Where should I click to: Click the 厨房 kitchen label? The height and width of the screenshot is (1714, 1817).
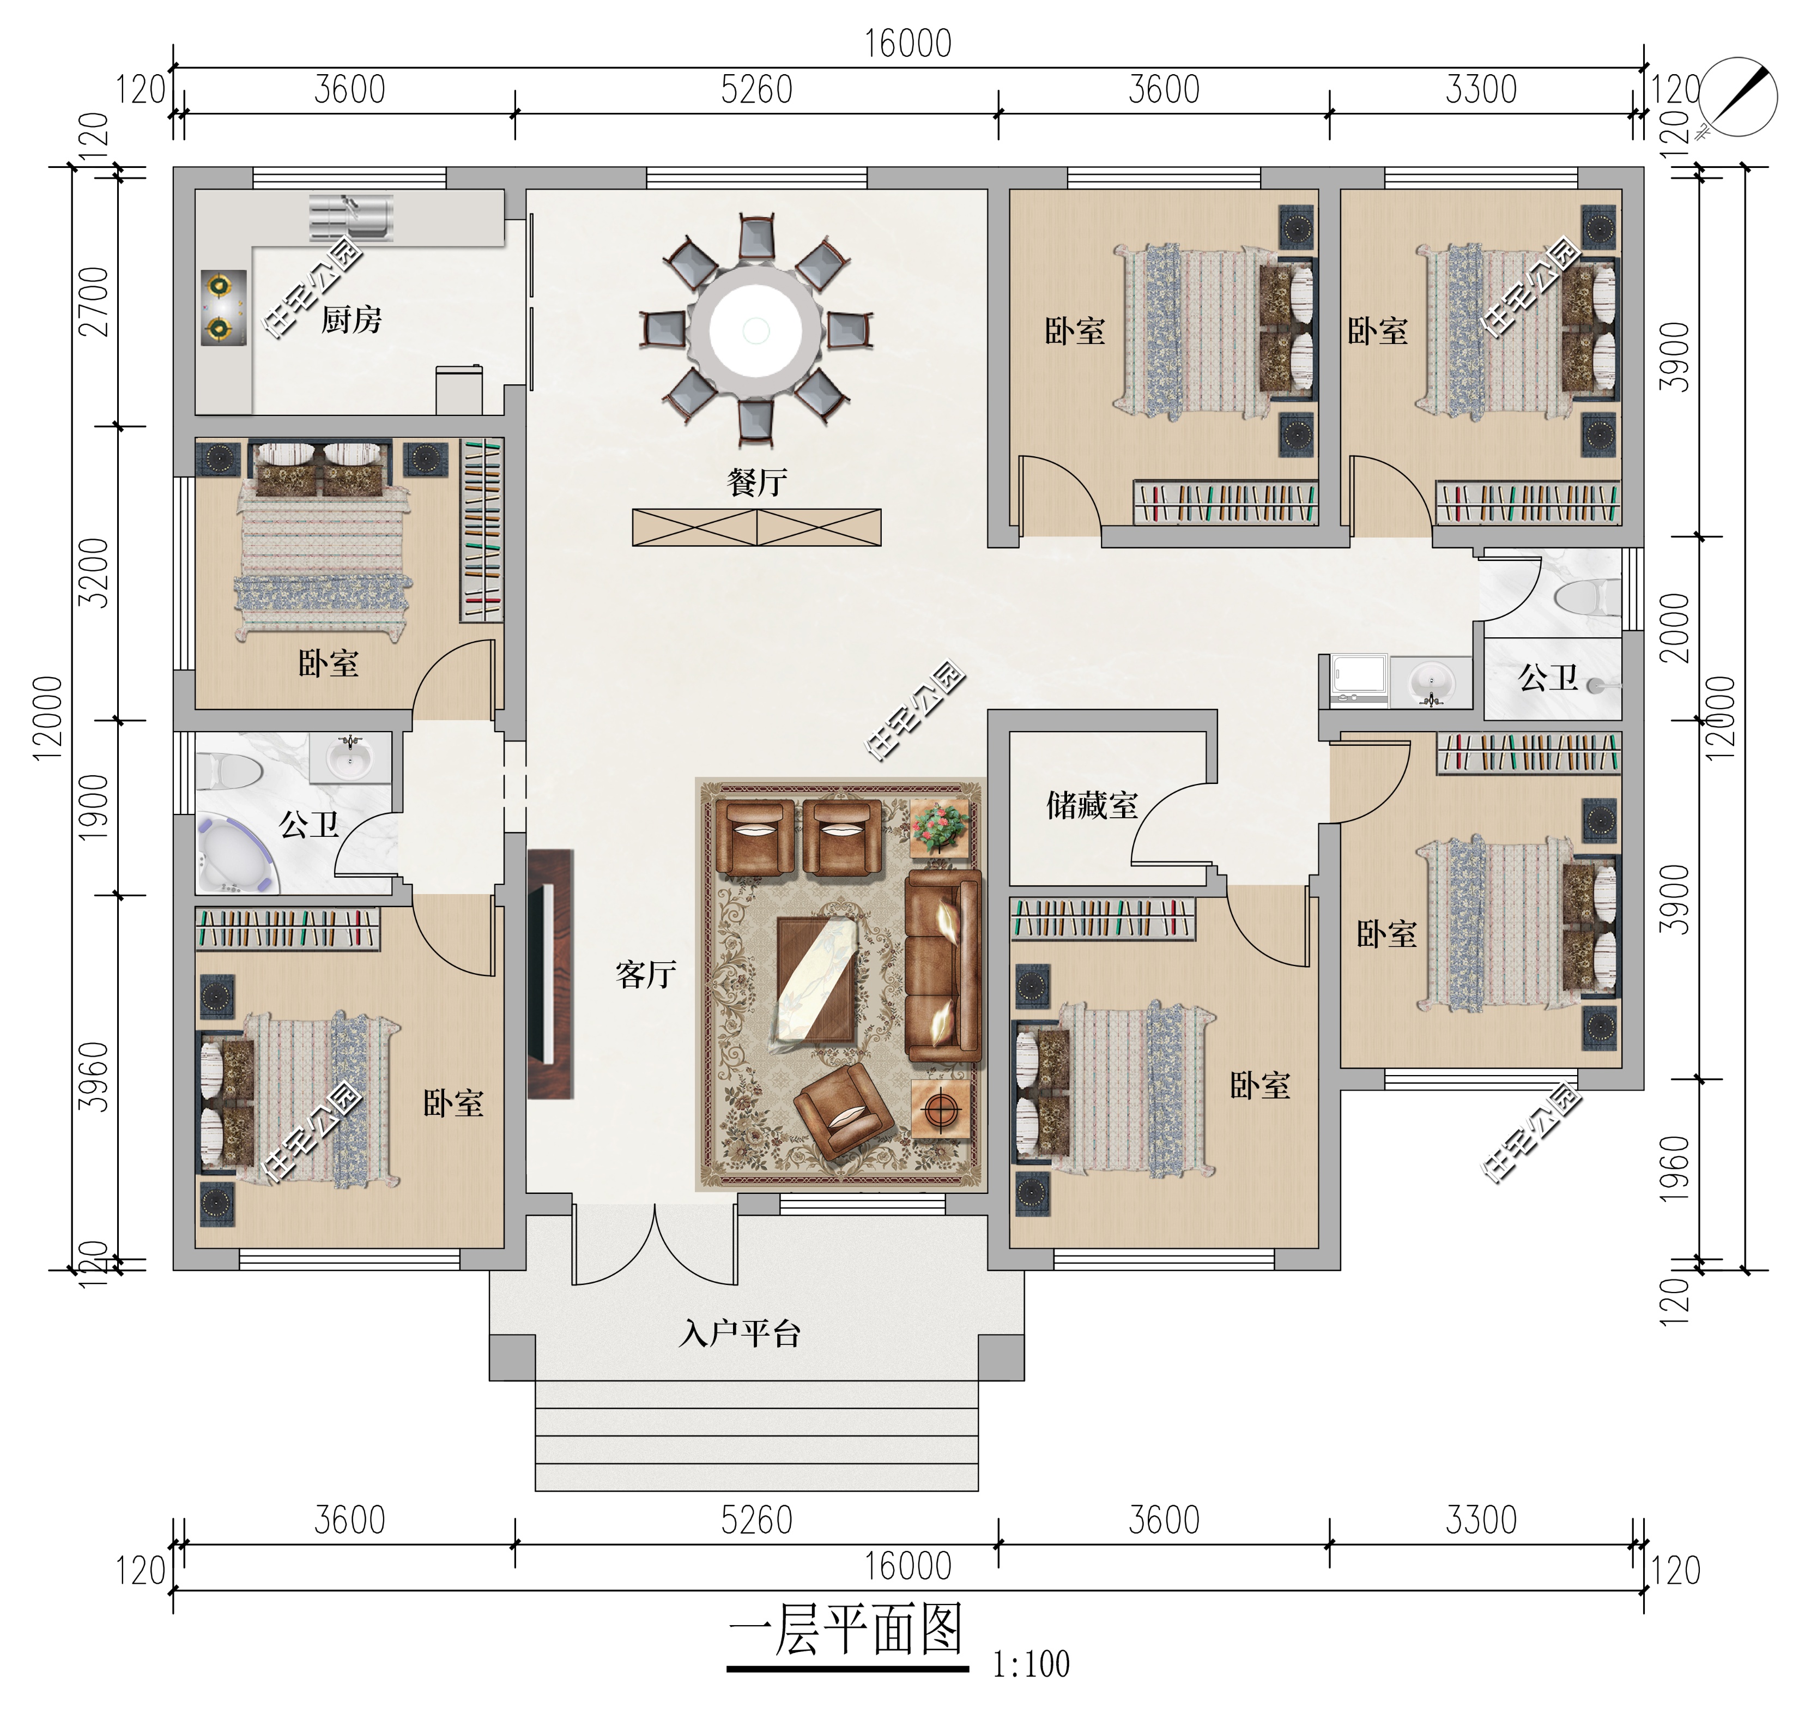click(x=351, y=320)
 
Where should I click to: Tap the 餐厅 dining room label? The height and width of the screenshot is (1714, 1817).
click(x=757, y=482)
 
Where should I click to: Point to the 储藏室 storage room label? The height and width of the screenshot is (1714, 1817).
click(x=1092, y=805)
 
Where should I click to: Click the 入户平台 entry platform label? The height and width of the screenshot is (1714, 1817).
click(x=740, y=1335)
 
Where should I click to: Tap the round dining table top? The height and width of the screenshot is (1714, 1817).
click(x=756, y=330)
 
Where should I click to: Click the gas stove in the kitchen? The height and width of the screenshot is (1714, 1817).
click(x=223, y=307)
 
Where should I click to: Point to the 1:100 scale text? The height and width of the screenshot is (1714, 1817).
click(x=1031, y=1664)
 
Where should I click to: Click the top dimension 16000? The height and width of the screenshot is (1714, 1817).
click(x=909, y=44)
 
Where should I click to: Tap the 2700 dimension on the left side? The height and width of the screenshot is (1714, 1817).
click(x=95, y=301)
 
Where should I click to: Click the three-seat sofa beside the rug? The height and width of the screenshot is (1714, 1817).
click(x=943, y=965)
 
